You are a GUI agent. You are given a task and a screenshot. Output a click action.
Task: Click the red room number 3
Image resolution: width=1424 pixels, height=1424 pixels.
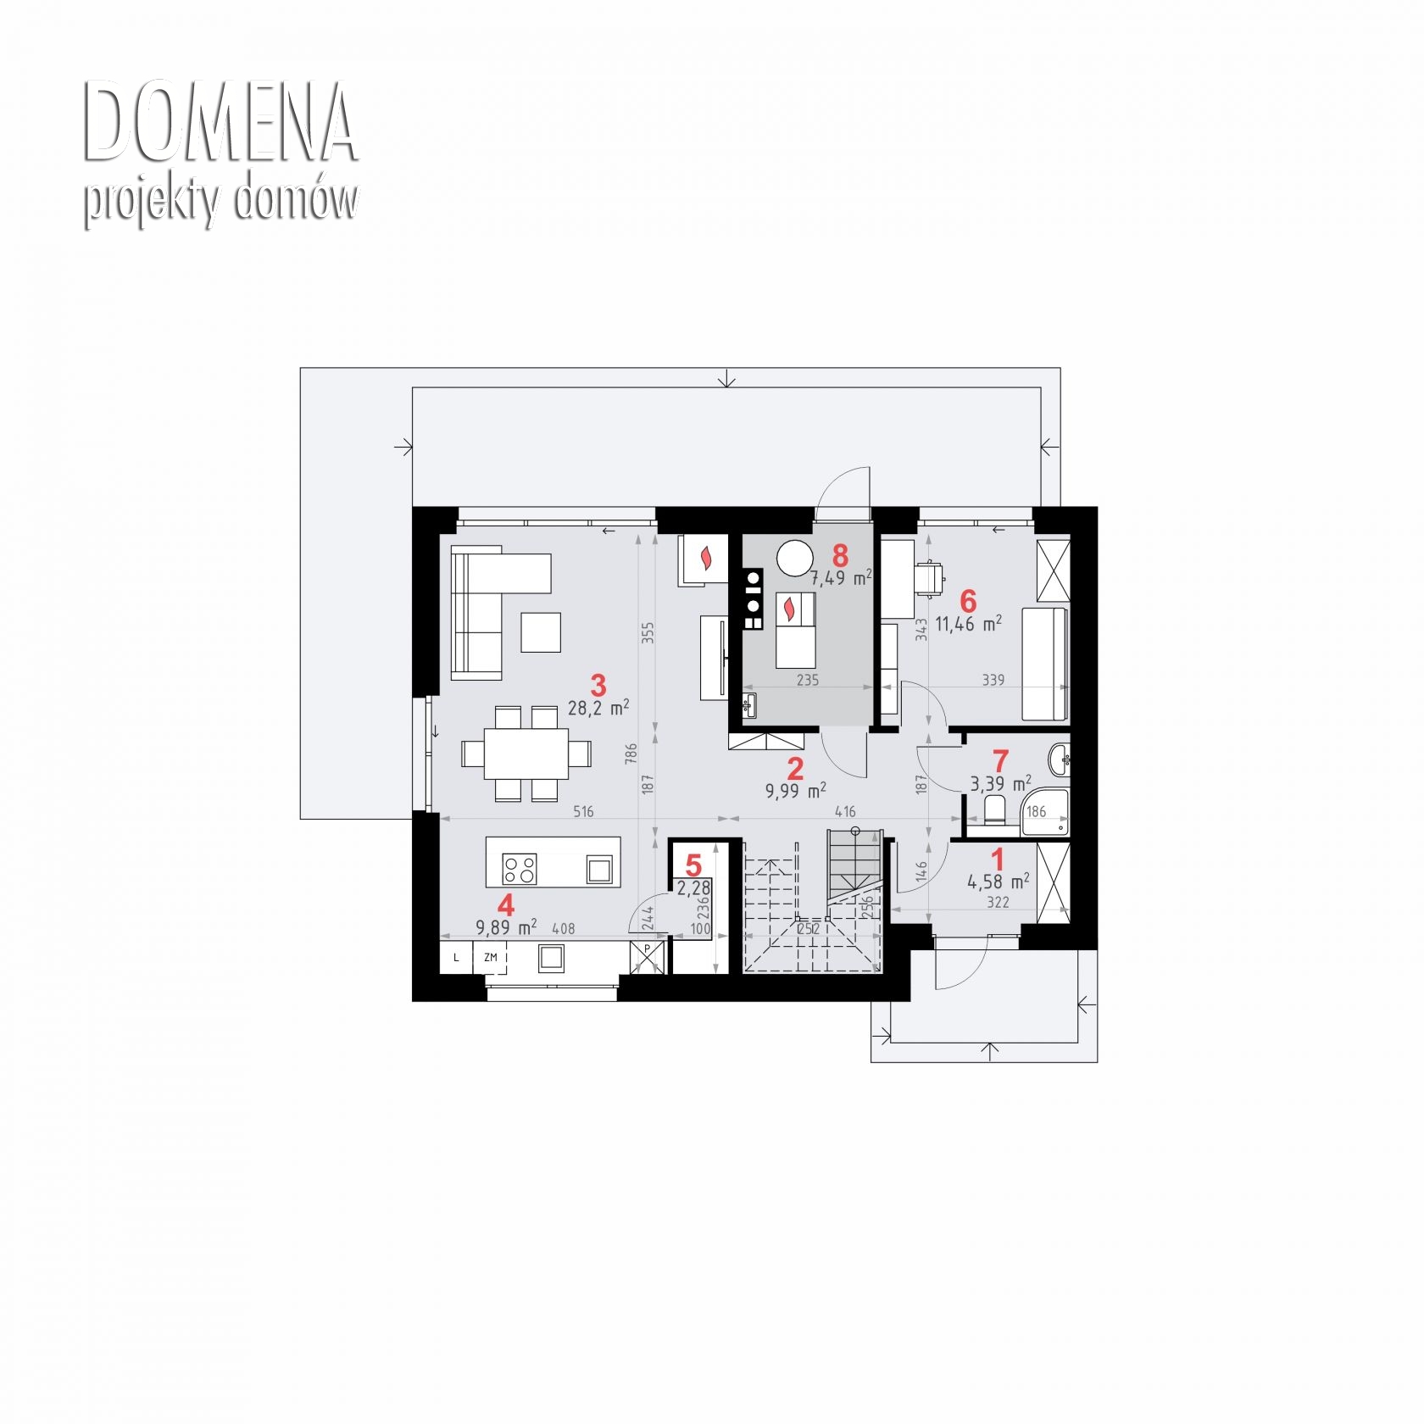pyautogui.click(x=598, y=684)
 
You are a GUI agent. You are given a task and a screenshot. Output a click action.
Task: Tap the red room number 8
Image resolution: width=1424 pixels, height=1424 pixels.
pyautogui.click(x=840, y=556)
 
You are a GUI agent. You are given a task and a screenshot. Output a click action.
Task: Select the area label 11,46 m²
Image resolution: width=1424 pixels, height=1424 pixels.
pyautogui.click(x=968, y=625)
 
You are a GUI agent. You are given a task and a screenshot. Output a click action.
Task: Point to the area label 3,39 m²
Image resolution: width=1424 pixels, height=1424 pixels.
pyautogui.click(x=1001, y=782)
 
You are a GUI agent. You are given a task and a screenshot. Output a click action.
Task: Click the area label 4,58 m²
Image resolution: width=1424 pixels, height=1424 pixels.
pyautogui.click(x=998, y=882)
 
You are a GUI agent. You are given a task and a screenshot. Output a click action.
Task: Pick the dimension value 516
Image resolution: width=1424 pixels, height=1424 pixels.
pyautogui.click(x=583, y=811)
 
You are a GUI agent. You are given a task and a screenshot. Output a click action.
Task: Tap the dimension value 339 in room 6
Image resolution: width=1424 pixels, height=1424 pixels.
pyautogui.click(x=993, y=680)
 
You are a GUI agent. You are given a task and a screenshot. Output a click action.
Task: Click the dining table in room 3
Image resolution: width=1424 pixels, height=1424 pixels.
pyautogui.click(x=526, y=754)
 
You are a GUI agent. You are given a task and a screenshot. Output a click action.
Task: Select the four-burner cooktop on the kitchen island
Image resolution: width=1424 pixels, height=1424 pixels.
pyautogui.click(x=520, y=869)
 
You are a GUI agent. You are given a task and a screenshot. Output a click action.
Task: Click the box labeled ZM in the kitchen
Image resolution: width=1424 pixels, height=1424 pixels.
pyautogui.click(x=491, y=957)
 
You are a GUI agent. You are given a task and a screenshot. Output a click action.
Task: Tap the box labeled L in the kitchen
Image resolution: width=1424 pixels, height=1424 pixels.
pyautogui.click(x=457, y=957)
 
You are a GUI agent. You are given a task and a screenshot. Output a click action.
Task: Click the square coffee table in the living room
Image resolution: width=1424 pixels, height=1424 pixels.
pyautogui.click(x=541, y=632)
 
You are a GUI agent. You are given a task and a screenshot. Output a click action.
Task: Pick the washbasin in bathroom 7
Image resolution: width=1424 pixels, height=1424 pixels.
pyautogui.click(x=1059, y=759)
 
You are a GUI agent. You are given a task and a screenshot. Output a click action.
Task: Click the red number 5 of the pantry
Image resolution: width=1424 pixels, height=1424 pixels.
pyautogui.click(x=693, y=866)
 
